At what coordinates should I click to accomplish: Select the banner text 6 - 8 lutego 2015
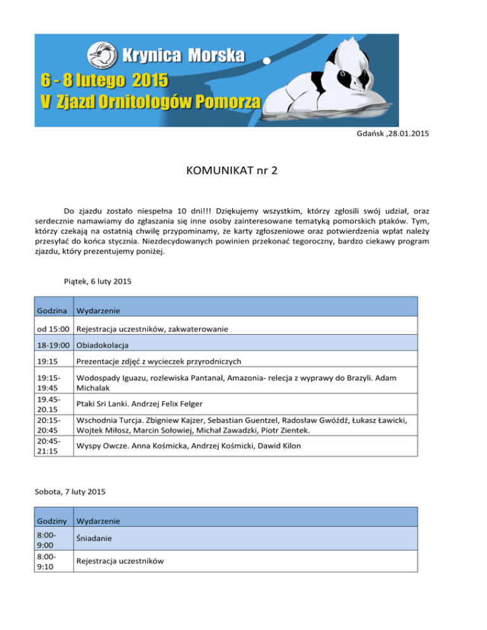click(105, 81)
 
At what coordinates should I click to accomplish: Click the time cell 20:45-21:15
click(53, 446)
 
